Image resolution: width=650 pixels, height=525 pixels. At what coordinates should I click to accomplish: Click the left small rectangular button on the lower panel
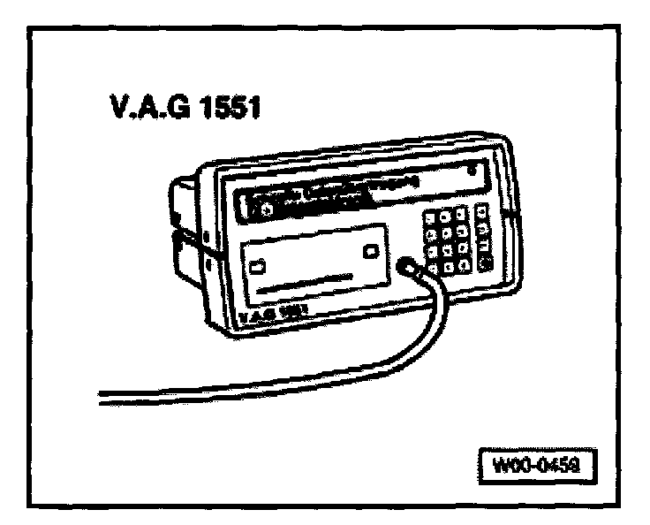point(258,264)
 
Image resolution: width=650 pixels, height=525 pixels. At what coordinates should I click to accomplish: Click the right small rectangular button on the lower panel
point(372,251)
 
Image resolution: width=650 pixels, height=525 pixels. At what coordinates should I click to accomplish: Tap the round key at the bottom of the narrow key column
point(484,262)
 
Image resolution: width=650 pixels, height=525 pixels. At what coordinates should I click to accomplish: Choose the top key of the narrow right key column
point(482,210)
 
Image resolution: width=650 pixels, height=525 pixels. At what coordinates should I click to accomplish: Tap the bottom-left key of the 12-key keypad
point(433,269)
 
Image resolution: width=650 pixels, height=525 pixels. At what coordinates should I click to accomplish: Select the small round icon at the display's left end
point(254,210)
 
